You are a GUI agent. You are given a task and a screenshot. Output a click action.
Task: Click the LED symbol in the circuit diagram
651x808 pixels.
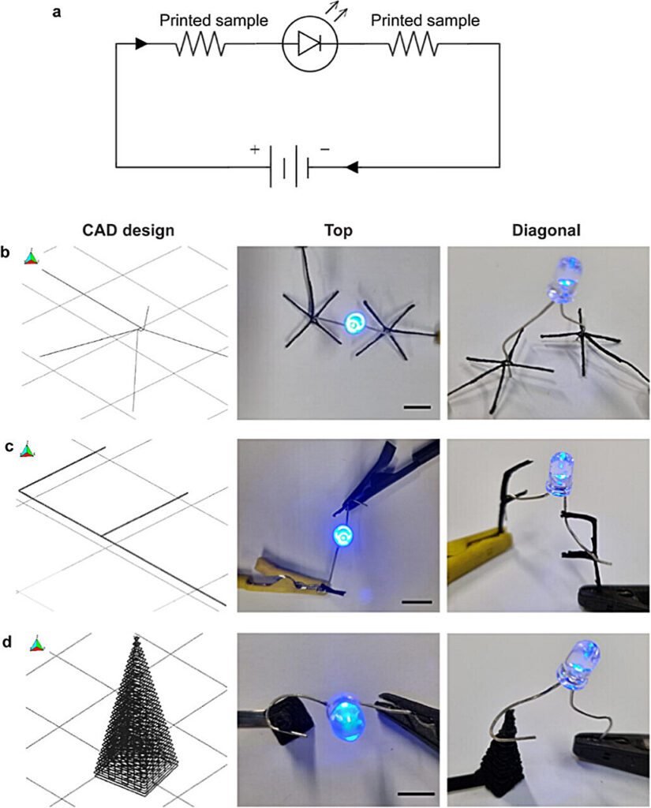coord(310,45)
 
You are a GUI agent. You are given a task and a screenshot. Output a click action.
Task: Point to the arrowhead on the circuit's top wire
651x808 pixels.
coord(141,44)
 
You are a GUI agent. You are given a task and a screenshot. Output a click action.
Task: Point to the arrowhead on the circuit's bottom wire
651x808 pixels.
coord(353,166)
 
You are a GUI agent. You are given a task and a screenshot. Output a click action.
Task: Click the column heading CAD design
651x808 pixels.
coord(129,230)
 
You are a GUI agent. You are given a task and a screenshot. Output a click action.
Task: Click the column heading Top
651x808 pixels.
coord(338,230)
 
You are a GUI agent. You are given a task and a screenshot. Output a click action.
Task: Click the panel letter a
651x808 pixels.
coord(57,13)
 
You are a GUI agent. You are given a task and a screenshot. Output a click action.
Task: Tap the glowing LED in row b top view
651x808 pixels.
coord(354,323)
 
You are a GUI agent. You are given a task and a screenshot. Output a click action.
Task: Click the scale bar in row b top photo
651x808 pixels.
coord(417,408)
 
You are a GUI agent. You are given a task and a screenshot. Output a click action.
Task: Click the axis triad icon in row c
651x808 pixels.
coord(28,451)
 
